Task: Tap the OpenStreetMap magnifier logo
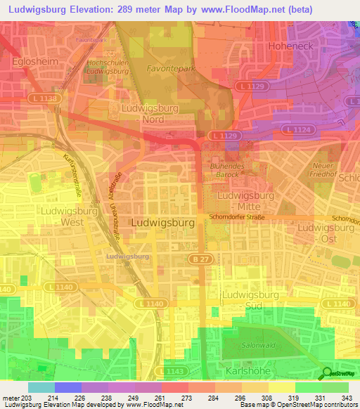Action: [x=326, y=373]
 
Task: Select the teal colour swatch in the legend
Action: [x=41, y=387]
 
